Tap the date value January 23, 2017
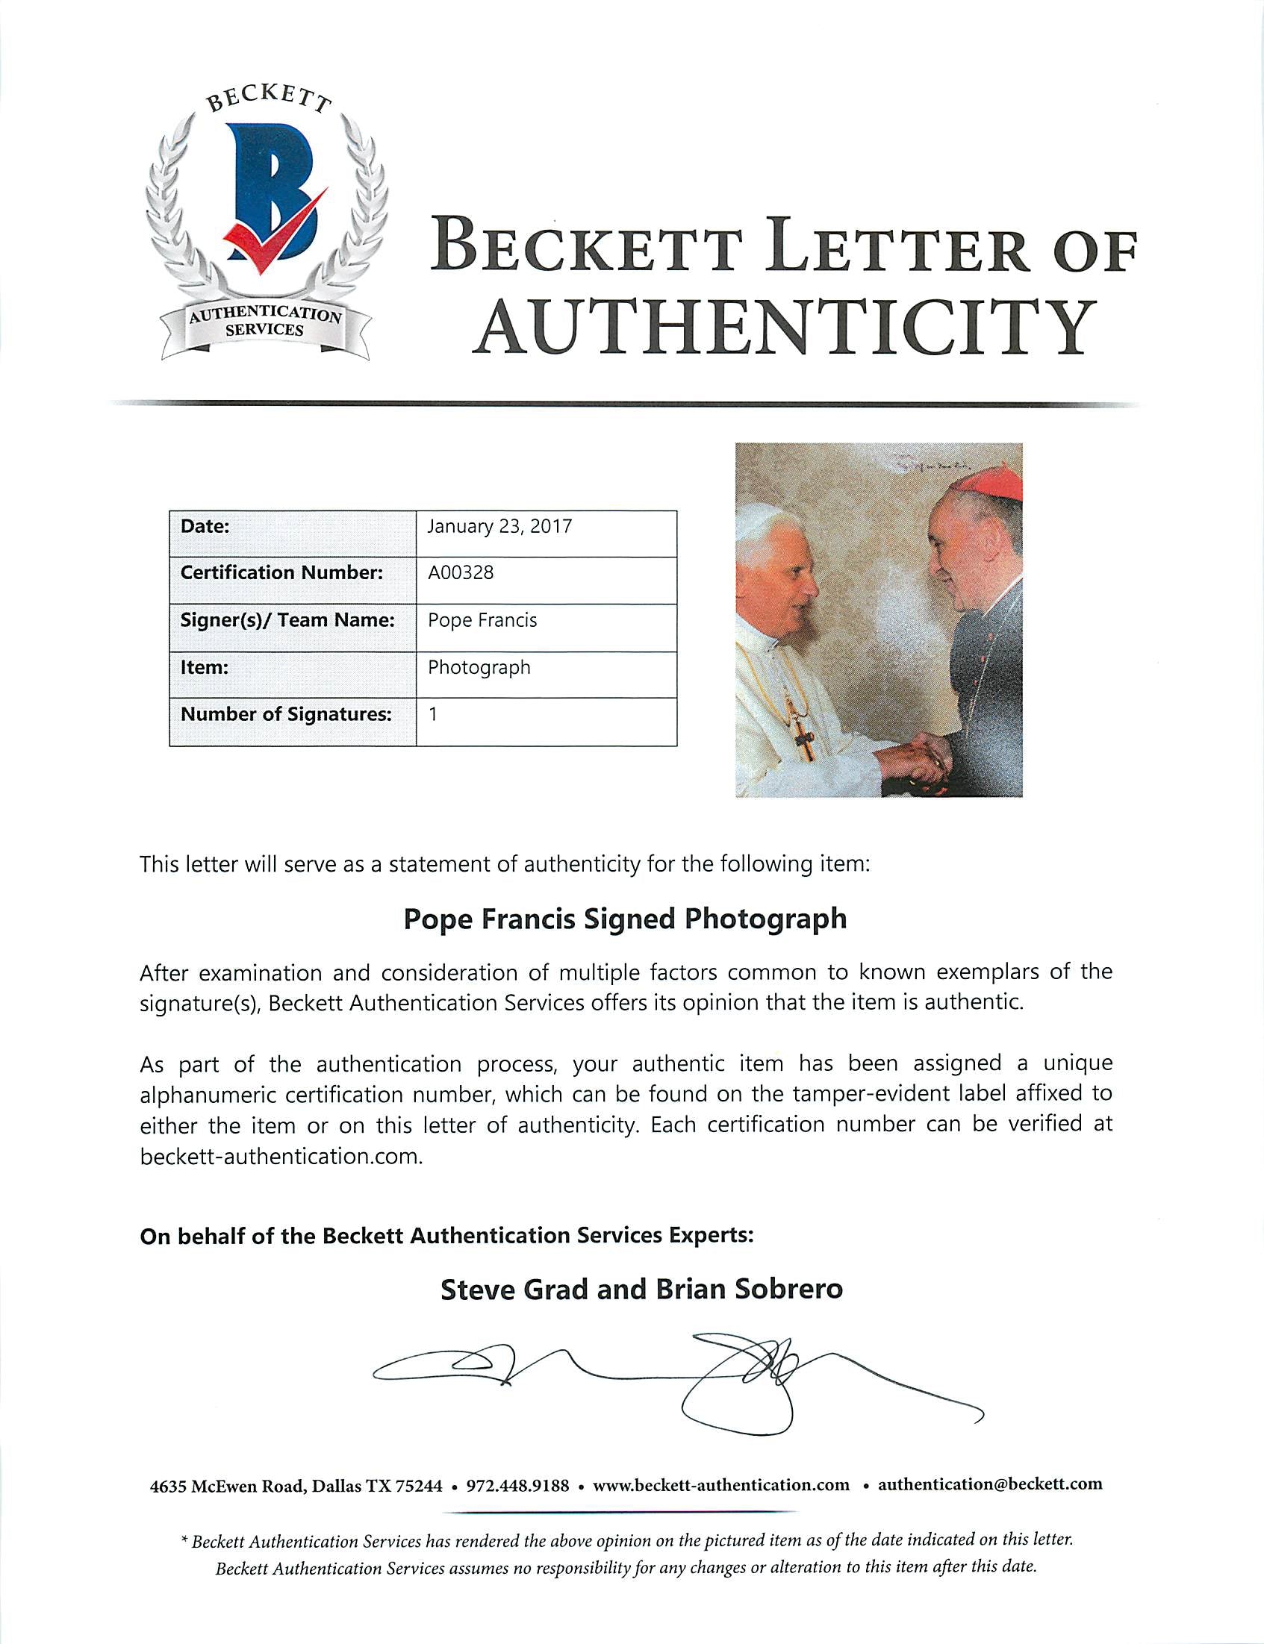(499, 526)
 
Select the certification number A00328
(461, 572)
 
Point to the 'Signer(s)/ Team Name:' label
(287, 620)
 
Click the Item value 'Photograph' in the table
(479, 667)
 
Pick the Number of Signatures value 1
(432, 713)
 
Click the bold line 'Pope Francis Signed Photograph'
(624, 919)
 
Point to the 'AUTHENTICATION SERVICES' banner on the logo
(265, 322)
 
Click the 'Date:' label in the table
(205, 526)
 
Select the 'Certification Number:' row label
(281, 572)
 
